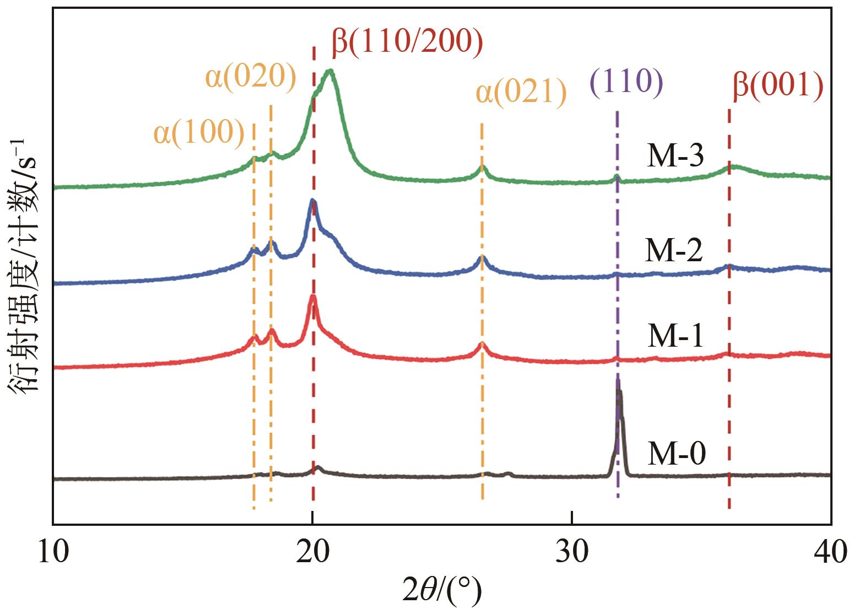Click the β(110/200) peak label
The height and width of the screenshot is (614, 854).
pos(408,43)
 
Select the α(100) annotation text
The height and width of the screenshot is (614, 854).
pos(199,133)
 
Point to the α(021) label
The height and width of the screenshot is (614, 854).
pos(521,93)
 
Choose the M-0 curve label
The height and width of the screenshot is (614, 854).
pos(676,455)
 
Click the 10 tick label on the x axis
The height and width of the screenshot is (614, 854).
pos(54,552)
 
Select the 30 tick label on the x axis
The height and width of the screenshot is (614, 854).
pos(572,552)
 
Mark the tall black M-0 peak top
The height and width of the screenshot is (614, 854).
pos(618,380)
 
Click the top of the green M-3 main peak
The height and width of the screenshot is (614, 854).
pos(330,71)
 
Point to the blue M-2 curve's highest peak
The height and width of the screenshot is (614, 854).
pos(312,200)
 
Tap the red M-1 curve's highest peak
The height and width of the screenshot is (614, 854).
pos(313,297)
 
